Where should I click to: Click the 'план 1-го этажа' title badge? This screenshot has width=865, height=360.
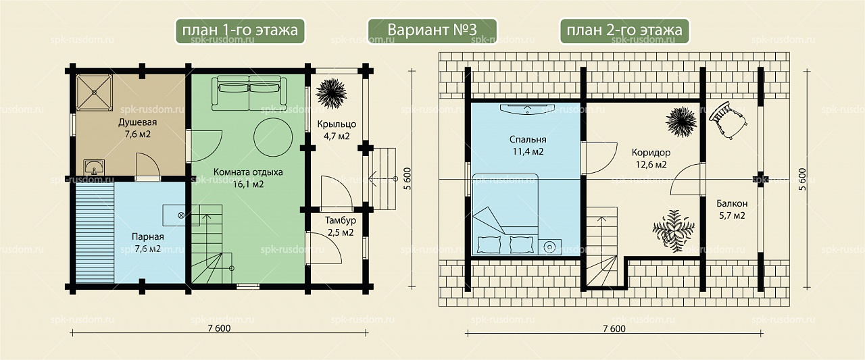tap(240, 30)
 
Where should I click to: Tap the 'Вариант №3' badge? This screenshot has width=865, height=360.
tap(432, 30)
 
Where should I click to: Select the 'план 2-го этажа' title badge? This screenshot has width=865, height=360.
tap(624, 30)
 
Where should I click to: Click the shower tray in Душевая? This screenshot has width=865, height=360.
tap(94, 93)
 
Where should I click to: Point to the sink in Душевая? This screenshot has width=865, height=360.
tap(94, 167)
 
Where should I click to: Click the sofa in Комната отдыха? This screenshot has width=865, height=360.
tap(249, 93)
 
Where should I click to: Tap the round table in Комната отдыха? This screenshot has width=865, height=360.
tap(272, 137)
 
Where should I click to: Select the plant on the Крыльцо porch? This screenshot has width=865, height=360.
tap(331, 93)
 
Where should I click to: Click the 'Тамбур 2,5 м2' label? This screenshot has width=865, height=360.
tap(340, 226)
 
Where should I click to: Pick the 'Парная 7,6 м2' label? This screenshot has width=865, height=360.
tap(148, 242)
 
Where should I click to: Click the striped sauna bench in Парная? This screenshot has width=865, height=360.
tap(95, 232)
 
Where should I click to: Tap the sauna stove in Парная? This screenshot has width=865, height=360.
tap(180, 215)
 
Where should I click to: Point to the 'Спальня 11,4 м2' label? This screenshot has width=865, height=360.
tap(528, 145)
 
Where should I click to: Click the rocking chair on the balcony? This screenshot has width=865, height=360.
tap(728, 120)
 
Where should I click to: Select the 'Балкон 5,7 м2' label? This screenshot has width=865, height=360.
tap(732, 209)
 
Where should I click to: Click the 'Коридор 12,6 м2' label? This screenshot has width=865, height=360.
tap(651, 158)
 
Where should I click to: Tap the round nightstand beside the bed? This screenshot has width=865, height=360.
tap(550, 247)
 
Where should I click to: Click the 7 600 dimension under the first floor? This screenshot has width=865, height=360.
tap(219, 328)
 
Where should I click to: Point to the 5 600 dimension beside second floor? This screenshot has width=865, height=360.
tap(802, 179)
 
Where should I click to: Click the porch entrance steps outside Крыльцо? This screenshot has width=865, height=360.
tap(382, 179)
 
